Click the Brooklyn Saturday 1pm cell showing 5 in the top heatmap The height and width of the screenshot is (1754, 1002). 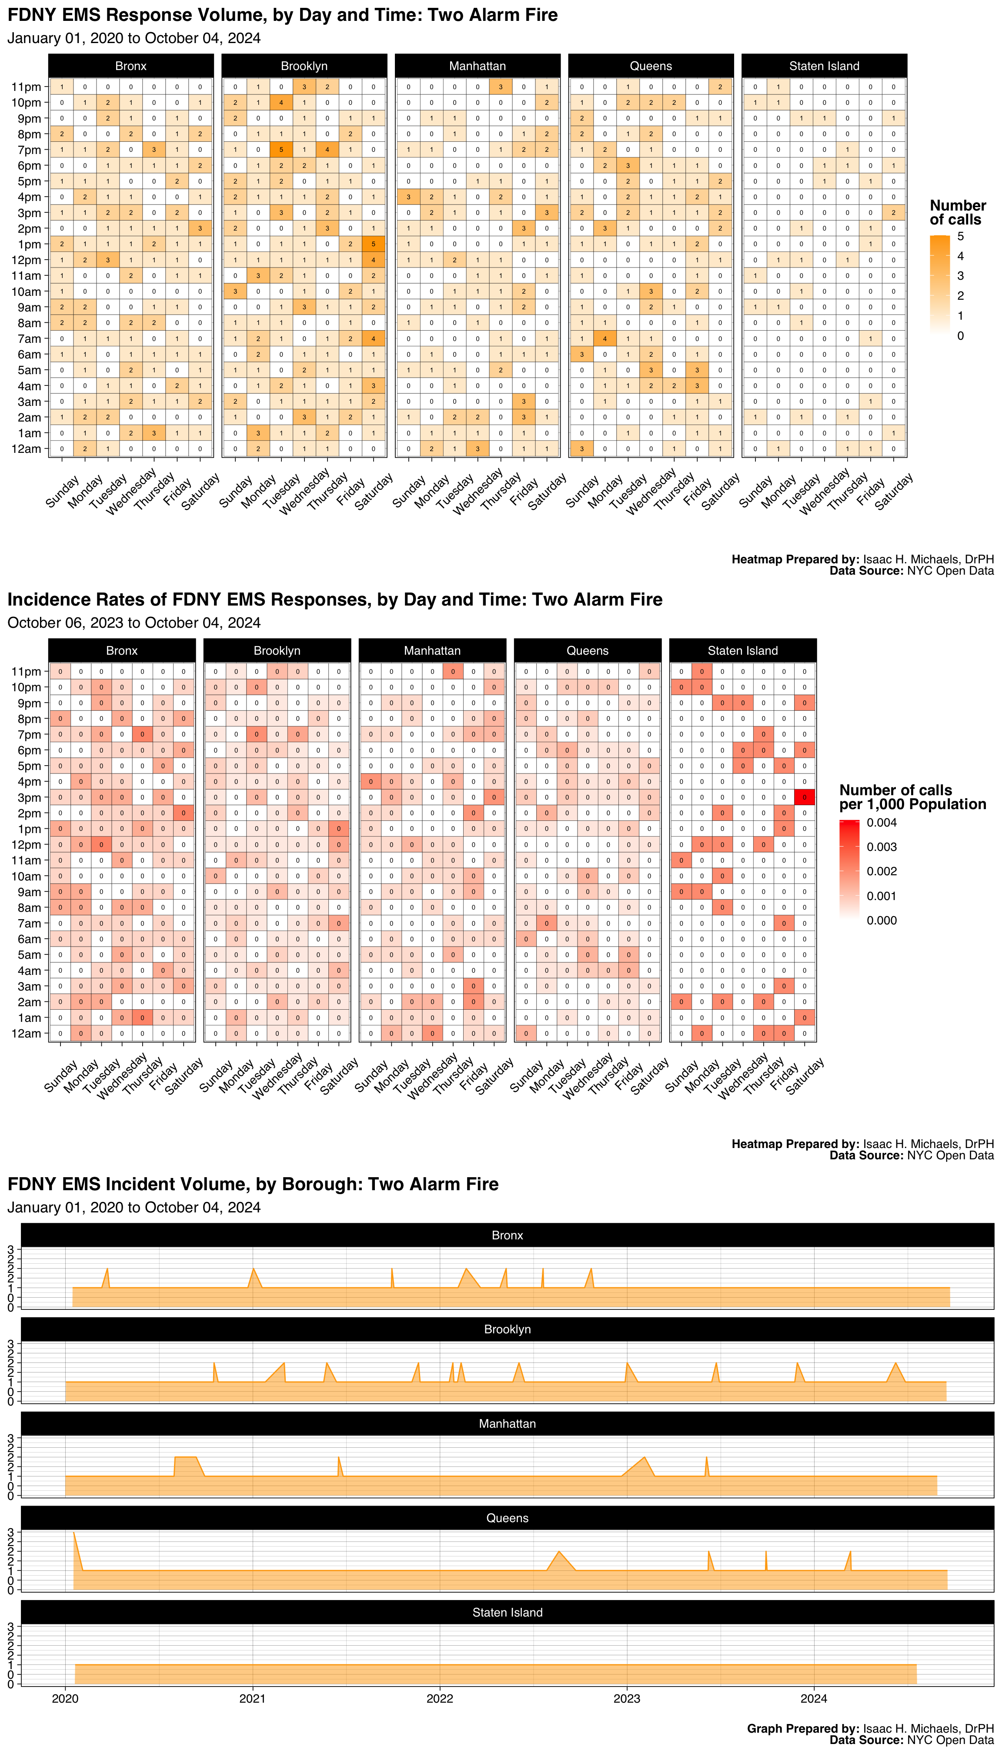click(373, 244)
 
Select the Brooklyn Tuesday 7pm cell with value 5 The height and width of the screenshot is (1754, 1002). click(281, 150)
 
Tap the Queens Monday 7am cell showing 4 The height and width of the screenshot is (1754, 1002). click(605, 339)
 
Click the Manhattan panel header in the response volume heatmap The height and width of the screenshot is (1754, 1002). click(477, 66)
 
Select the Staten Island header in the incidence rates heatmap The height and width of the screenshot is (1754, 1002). click(742, 650)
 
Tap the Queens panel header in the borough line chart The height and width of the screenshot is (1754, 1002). click(507, 1518)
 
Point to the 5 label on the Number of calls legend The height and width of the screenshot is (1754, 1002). click(961, 236)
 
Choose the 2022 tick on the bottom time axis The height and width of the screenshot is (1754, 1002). click(440, 1698)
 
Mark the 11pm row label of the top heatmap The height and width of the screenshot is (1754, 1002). click(26, 87)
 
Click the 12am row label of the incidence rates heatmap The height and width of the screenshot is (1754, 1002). click(26, 1033)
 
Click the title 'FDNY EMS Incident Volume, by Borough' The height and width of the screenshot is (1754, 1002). click(253, 1184)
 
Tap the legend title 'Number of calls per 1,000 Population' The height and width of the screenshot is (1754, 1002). click(912, 797)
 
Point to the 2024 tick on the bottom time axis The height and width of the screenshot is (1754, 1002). click(814, 1698)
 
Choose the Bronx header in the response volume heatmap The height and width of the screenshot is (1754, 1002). click(131, 66)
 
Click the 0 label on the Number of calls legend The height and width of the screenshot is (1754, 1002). click(961, 336)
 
